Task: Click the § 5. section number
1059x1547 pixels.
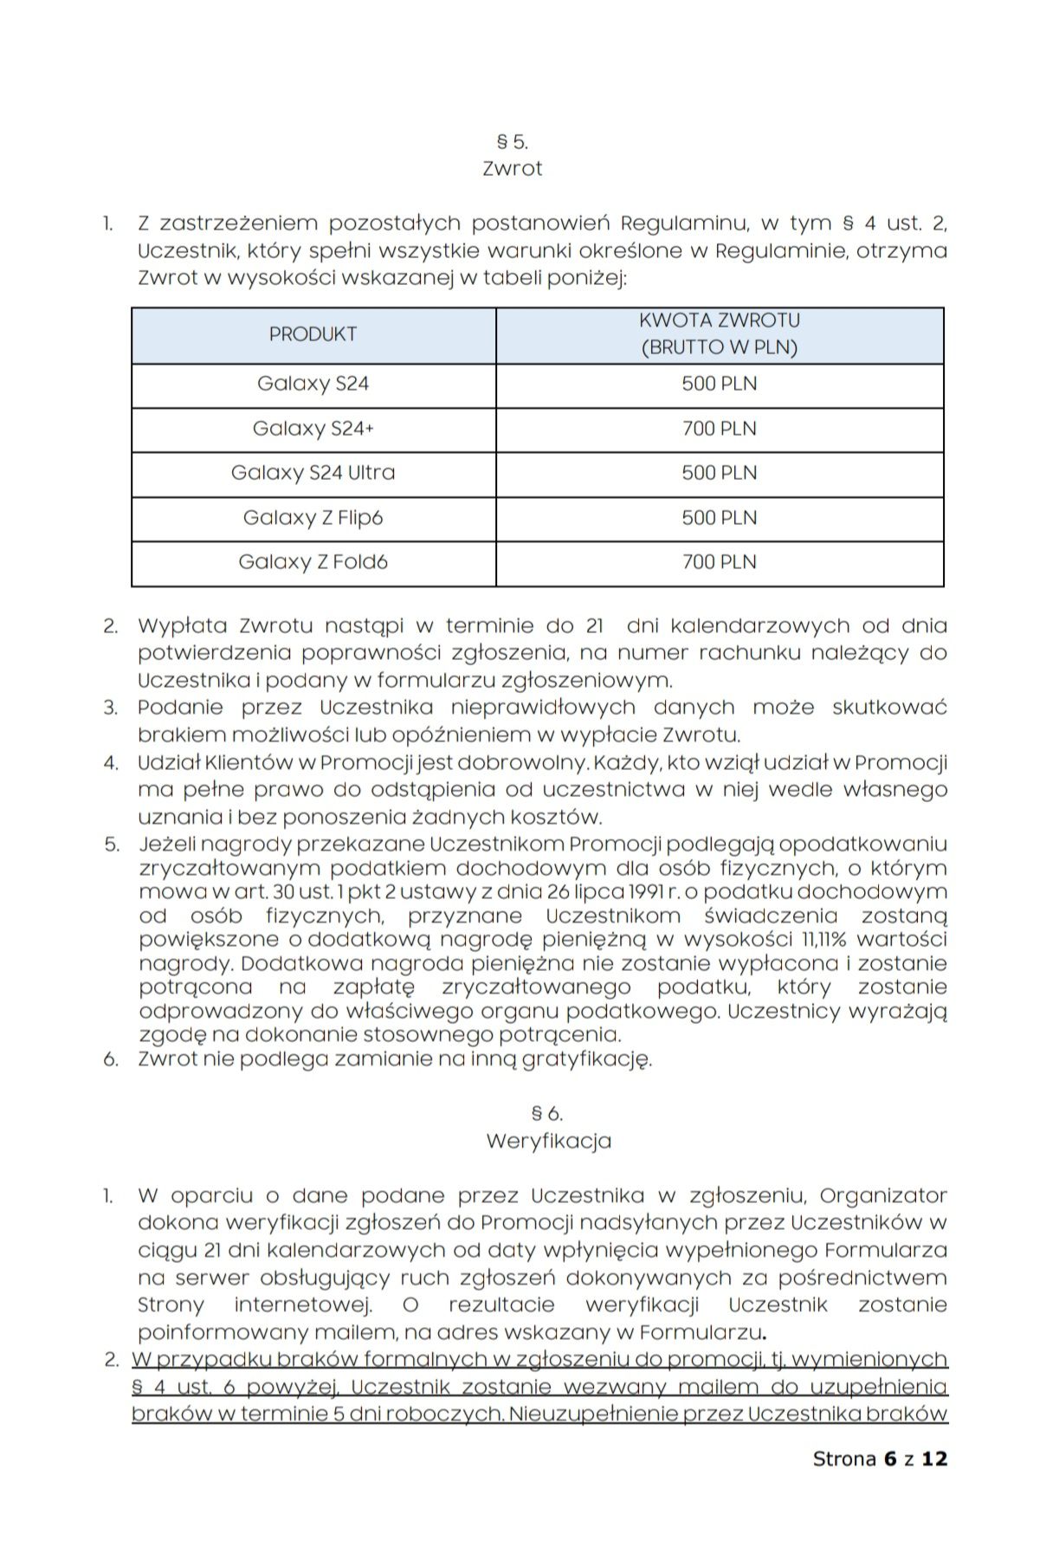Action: tap(512, 141)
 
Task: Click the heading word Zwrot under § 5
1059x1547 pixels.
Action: tap(512, 168)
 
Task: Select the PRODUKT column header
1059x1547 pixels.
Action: tap(313, 334)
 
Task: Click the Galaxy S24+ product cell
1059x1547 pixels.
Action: tap(313, 429)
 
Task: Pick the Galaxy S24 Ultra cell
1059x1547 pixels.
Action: tap(313, 473)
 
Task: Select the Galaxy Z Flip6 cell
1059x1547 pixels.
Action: tap(313, 518)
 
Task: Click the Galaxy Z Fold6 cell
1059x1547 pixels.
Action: tap(313, 562)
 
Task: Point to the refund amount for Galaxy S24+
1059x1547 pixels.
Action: tap(719, 429)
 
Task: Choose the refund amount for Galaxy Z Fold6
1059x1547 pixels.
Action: tap(719, 562)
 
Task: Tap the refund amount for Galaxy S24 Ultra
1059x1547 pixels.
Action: tap(719, 473)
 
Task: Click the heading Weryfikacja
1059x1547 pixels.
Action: tap(548, 1141)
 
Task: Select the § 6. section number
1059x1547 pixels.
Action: tap(547, 1114)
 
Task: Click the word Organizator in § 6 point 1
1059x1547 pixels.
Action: tap(882, 1196)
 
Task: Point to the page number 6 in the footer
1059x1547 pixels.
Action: tap(890, 1459)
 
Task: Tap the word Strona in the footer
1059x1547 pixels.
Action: tap(844, 1459)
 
